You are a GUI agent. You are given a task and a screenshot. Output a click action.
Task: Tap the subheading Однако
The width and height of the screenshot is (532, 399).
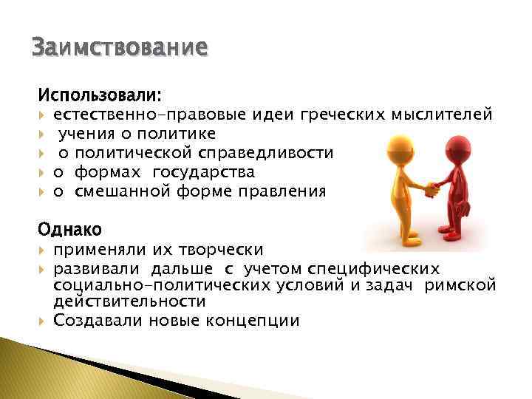[x=70, y=229]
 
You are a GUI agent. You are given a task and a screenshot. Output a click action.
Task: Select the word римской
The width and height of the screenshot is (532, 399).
[x=460, y=286]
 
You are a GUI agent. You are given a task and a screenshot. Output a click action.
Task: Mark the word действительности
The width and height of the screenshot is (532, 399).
[x=129, y=302]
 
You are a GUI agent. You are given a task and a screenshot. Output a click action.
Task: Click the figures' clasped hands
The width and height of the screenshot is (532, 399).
[x=429, y=188]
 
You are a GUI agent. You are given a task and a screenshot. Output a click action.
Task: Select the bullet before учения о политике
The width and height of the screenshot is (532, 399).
[x=43, y=134]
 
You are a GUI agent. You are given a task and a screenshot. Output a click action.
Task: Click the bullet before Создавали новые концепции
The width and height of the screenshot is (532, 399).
[x=43, y=321]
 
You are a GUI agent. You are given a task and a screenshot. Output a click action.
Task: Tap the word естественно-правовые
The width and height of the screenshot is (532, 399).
[x=135, y=115]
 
